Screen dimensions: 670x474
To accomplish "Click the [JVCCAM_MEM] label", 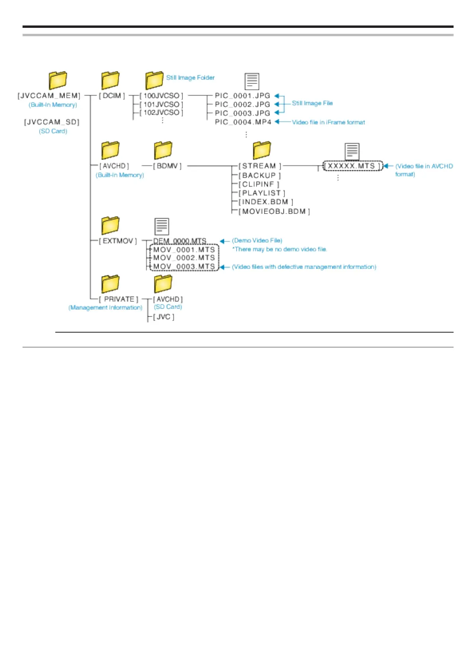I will (49, 96).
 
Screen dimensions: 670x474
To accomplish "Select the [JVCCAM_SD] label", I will (52, 122).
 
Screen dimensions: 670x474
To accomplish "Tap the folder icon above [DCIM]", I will (110, 80).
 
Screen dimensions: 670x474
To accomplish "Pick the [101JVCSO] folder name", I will (161, 104).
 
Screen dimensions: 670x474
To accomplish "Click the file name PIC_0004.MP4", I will (243, 122).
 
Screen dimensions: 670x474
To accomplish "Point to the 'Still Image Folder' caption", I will (190, 78).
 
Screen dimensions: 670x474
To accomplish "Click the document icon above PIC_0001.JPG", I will (252, 82).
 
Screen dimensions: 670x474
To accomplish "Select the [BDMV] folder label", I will (167, 166).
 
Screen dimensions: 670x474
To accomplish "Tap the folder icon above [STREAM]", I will (261, 150).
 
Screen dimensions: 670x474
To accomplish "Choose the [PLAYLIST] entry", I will (262, 193).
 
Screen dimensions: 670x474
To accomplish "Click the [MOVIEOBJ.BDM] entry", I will (274, 211).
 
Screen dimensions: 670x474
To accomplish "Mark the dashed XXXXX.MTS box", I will (352, 166).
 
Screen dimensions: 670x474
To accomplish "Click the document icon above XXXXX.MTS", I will (352, 152).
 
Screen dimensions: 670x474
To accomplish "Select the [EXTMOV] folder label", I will (118, 241).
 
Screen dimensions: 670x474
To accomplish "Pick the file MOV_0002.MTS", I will (184, 258).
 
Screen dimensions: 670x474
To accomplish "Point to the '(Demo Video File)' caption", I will (257, 241).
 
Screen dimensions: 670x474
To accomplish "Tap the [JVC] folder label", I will (164, 317).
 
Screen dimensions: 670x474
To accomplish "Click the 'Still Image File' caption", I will (312, 103).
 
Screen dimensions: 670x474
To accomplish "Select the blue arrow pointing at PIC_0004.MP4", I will (282, 122).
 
